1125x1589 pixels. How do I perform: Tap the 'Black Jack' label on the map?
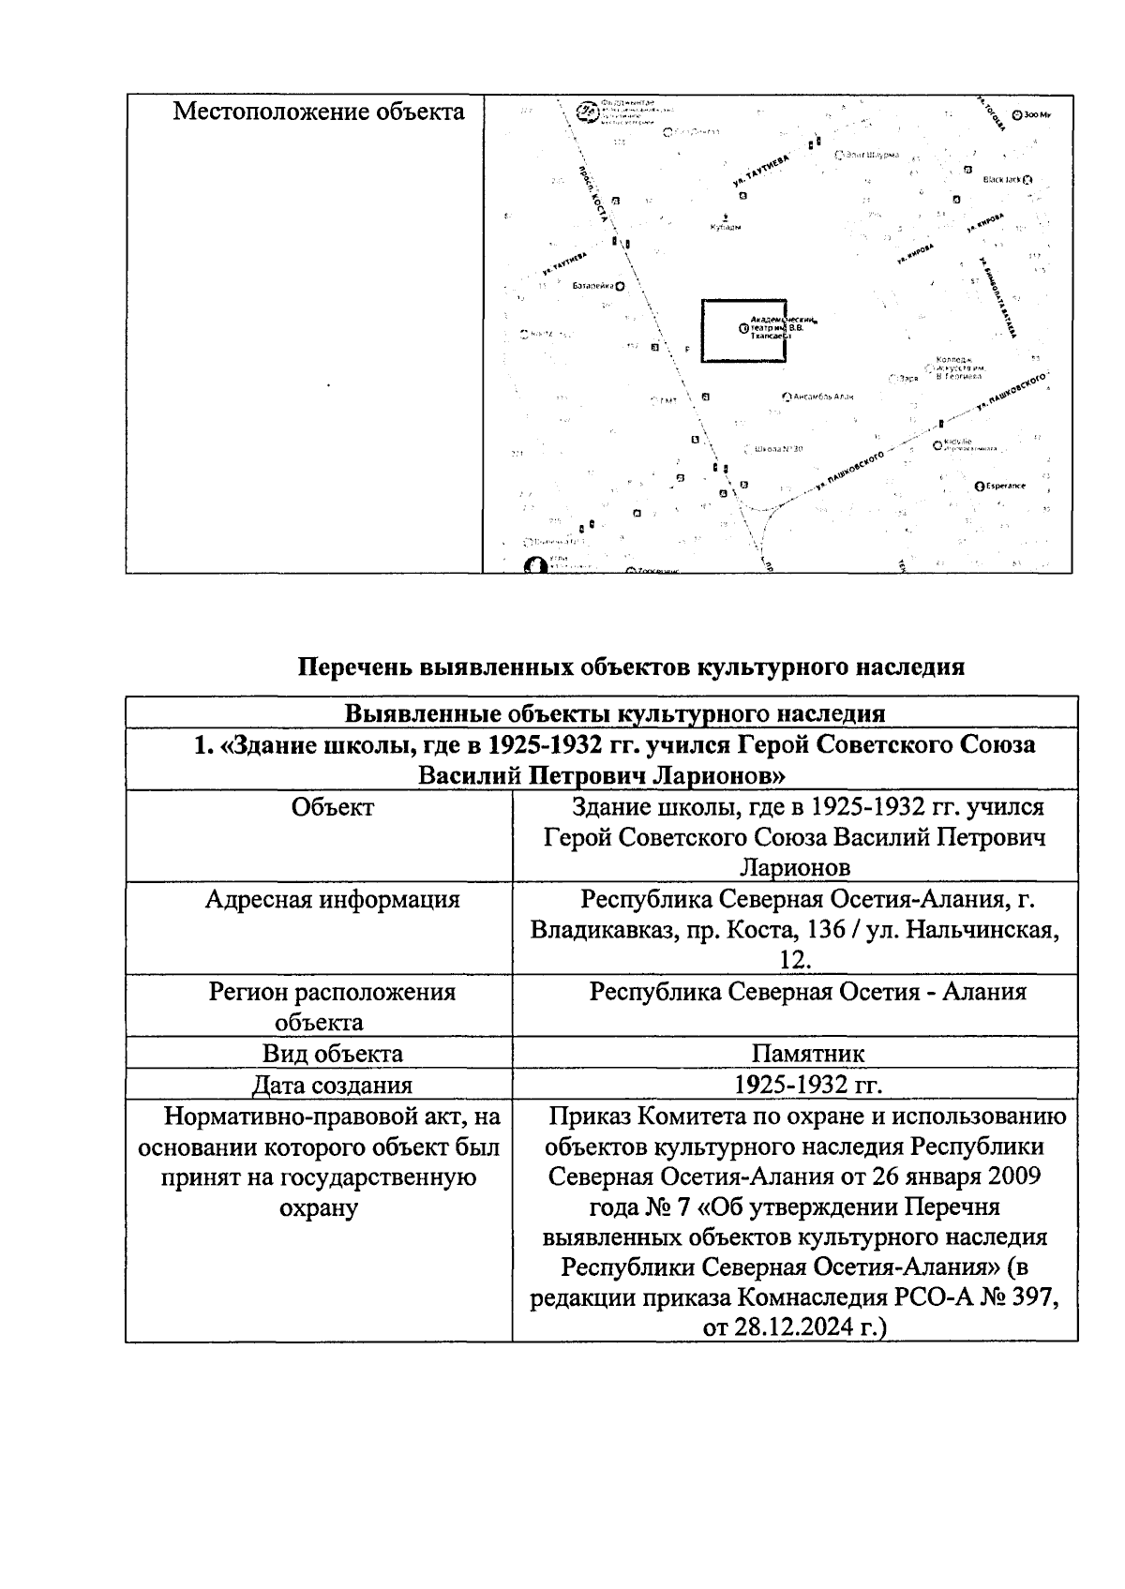[x=1001, y=179]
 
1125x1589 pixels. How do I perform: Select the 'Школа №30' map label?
[x=778, y=449]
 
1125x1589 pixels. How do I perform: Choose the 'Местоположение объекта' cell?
[x=319, y=112]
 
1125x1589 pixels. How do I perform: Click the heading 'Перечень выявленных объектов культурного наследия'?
[x=630, y=667]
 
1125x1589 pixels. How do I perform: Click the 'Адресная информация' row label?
[x=333, y=900]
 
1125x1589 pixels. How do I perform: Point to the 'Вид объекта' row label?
[x=333, y=1053]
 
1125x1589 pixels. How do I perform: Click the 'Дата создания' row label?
[x=333, y=1086]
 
